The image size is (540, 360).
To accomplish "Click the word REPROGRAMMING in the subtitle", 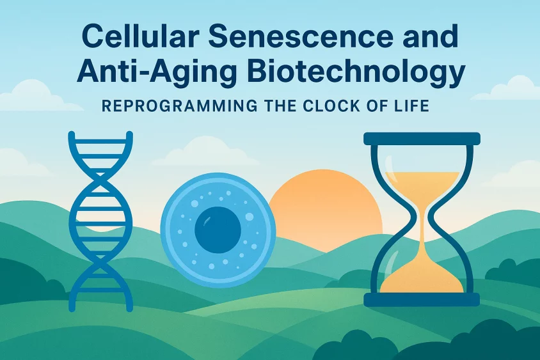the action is (180, 106).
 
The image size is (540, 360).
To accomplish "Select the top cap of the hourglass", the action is (422, 138).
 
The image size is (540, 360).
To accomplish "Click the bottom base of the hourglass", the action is (422, 300).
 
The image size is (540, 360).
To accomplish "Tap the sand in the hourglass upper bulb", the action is (422, 186).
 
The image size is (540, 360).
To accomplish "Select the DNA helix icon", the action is (100, 221).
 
